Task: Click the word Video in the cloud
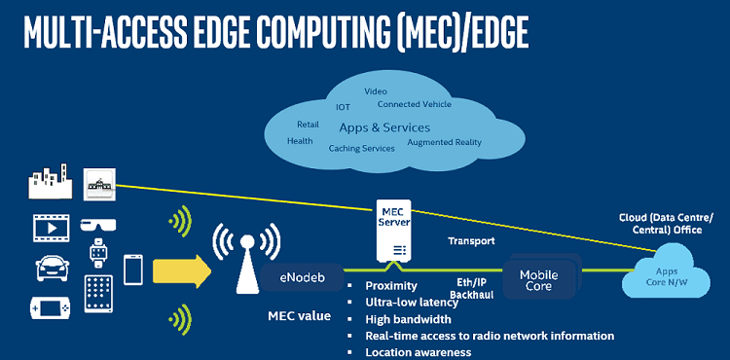pos(375,91)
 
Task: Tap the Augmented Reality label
pos(445,142)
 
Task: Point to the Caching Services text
pos(361,148)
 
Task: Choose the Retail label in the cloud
pos(308,125)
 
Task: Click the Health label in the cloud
pos(300,141)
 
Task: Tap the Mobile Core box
pos(538,280)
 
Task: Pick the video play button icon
pos(50,229)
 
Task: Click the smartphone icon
pos(133,270)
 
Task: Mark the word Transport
pos(471,240)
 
